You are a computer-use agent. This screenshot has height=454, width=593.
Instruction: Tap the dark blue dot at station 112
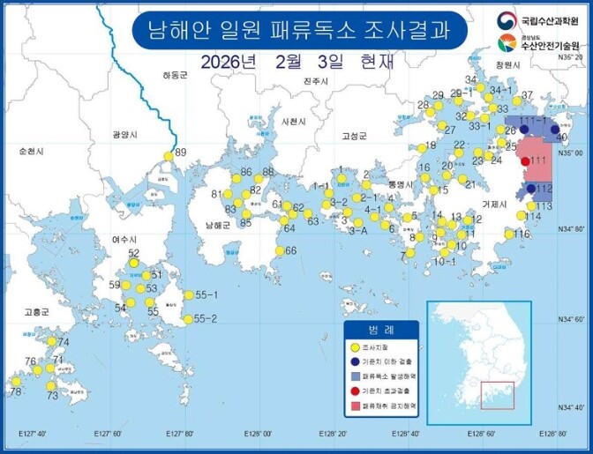point(531,189)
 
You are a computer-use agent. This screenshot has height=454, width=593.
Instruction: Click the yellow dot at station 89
point(169,157)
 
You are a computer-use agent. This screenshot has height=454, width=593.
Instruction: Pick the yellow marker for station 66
point(278,251)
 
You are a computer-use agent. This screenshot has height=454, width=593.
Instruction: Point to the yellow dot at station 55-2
point(187,319)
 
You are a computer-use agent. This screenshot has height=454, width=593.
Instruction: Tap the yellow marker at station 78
point(15,382)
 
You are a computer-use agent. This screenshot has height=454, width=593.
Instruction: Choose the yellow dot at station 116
point(508,234)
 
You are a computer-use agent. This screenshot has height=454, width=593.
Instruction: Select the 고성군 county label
point(354,136)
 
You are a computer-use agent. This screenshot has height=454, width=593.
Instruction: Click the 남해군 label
point(216,225)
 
